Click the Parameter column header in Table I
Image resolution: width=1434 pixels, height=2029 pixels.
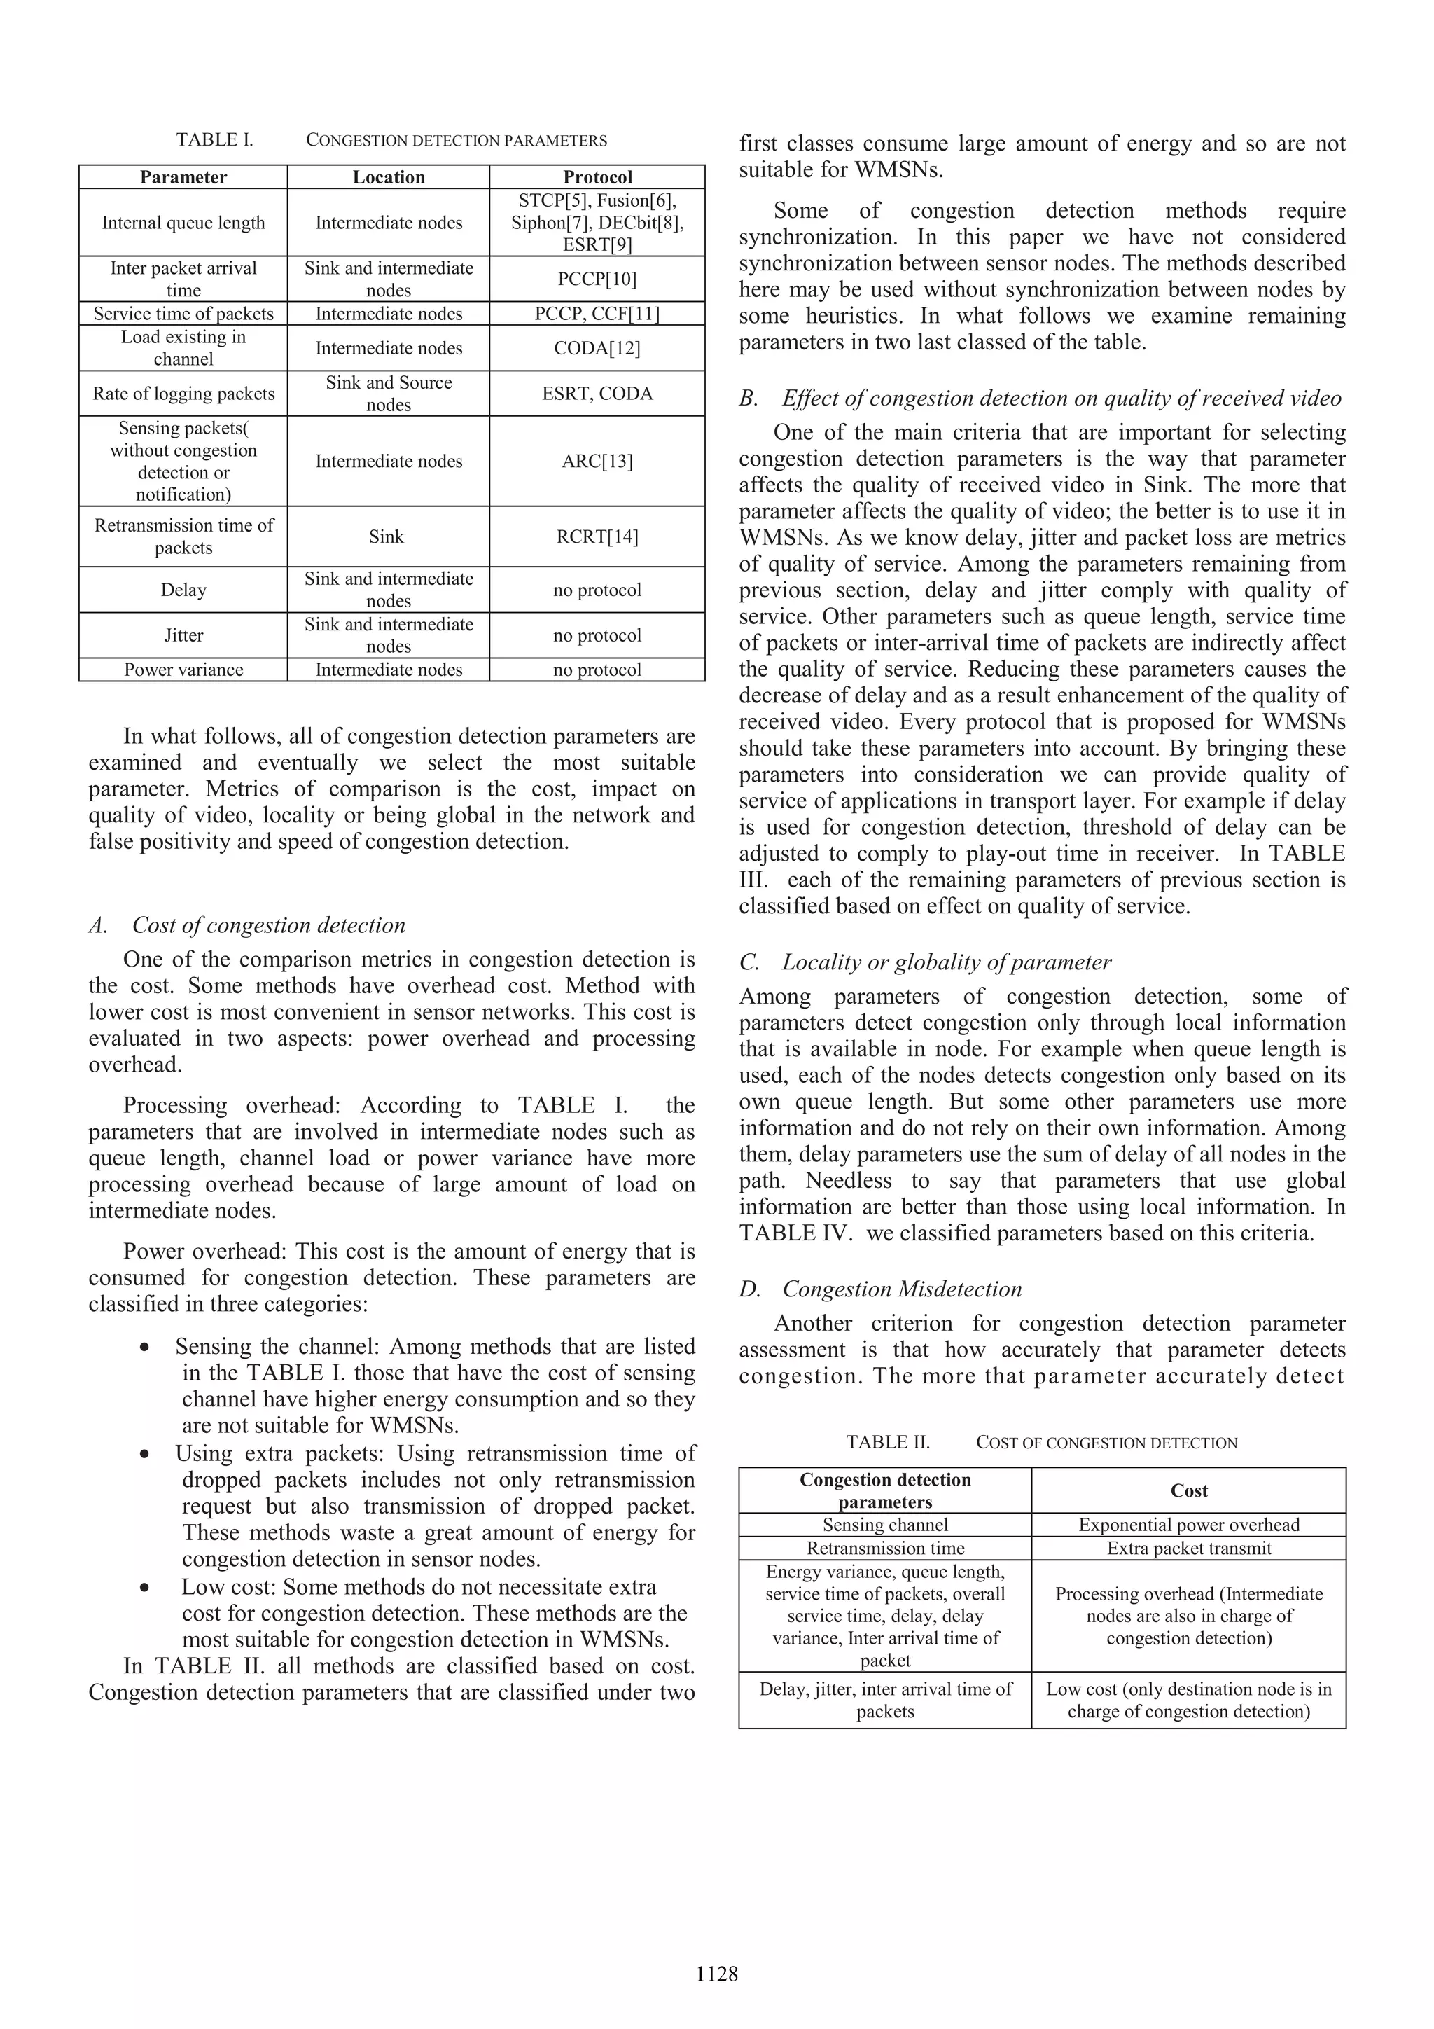(x=183, y=176)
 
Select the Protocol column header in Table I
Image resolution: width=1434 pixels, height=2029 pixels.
(x=597, y=176)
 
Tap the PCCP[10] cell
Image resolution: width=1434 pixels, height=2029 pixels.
(x=597, y=279)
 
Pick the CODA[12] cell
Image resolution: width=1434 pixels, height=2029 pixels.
(x=597, y=348)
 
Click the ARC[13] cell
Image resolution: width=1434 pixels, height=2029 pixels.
(x=597, y=462)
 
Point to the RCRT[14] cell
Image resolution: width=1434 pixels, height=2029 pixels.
(x=597, y=536)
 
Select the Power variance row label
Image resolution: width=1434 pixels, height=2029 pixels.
(x=183, y=670)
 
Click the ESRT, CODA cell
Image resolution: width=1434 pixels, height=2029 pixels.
(x=597, y=393)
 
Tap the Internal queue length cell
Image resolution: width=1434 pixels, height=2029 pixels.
(x=183, y=223)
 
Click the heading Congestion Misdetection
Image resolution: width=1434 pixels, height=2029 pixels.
(x=901, y=1289)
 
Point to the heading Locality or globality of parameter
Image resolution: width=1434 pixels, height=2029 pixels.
(x=945, y=962)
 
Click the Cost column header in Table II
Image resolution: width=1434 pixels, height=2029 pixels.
(x=1188, y=1491)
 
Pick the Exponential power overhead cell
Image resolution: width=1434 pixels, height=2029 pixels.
(x=1188, y=1525)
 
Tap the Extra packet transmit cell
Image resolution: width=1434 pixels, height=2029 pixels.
(x=1188, y=1549)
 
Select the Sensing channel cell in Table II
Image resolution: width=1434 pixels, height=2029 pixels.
(x=884, y=1525)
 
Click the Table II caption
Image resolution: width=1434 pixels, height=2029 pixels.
(x=1042, y=1443)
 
